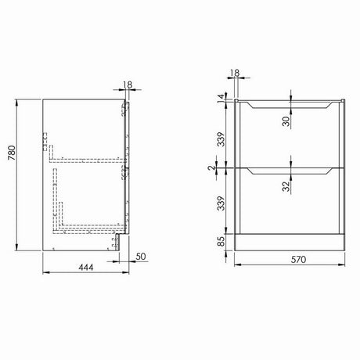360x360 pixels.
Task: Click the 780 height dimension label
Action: [13, 153]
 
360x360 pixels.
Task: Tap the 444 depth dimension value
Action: [86, 268]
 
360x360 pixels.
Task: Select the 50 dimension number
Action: [141, 256]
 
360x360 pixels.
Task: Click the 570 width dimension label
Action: [298, 260]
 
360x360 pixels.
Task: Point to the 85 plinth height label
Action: [221, 241]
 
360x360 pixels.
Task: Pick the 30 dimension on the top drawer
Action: [286, 121]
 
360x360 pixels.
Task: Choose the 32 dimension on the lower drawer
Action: [286, 186]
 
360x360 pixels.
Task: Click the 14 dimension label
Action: [221, 98]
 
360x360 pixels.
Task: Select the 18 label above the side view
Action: [128, 85]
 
